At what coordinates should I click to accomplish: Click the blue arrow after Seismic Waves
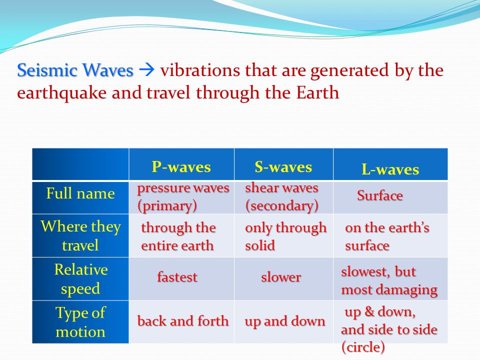[146, 70]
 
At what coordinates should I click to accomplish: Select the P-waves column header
[181, 167]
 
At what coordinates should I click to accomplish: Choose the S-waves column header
[283, 167]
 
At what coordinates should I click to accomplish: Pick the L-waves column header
[390, 169]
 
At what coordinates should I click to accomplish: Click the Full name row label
[80, 193]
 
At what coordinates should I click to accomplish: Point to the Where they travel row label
[80, 235]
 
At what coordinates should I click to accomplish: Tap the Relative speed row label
[81, 279]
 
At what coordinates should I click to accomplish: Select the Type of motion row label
[80, 322]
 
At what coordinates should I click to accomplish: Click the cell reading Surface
[380, 195]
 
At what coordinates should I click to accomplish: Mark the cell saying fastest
[177, 276]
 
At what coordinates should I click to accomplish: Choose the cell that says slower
[281, 277]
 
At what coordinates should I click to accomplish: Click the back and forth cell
[183, 321]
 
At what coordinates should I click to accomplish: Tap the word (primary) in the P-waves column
[167, 205]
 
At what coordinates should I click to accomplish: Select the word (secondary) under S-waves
[281, 205]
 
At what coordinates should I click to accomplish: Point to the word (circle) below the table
[363, 347]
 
